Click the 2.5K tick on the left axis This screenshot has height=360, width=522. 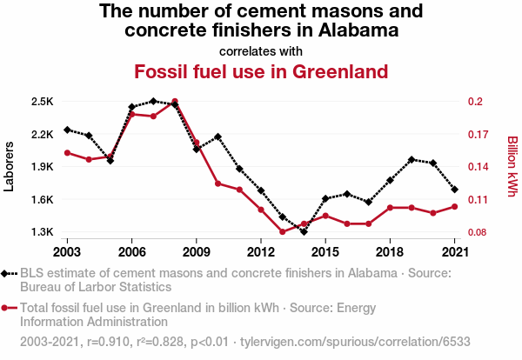[x=41, y=102]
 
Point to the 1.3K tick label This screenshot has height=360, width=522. [x=41, y=232]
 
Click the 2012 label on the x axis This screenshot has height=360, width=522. [x=261, y=252]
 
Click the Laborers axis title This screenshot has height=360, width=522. [x=10, y=167]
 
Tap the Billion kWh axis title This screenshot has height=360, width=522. [x=512, y=167]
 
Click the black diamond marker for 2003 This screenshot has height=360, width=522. [x=68, y=130]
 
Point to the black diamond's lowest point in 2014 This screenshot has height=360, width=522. [x=304, y=231]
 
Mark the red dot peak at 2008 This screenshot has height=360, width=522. [x=175, y=102]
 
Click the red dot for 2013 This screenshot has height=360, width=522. [x=283, y=231]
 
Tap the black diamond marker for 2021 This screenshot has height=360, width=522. [x=454, y=189]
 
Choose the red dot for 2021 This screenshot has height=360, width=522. [x=454, y=206]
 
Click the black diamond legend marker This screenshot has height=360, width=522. [x=8, y=274]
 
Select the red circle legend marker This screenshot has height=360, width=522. [x=8, y=307]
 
